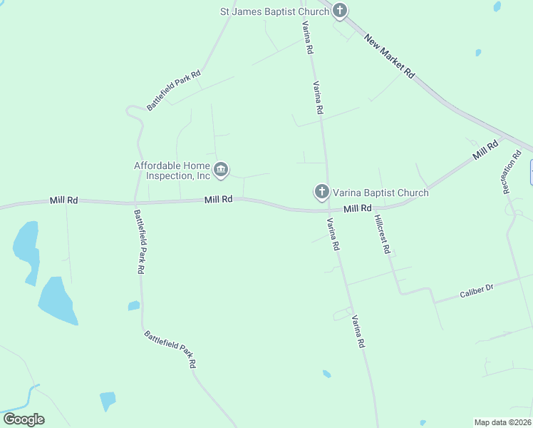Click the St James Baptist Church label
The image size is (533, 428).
click(x=274, y=11)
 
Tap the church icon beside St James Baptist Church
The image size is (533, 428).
click(x=340, y=11)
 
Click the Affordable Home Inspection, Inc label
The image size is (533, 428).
click(x=172, y=170)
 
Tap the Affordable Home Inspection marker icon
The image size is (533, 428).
click(x=221, y=169)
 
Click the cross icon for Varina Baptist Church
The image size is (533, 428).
click(x=321, y=191)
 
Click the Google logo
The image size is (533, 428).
click(x=24, y=419)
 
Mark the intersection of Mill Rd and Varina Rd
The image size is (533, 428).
click(x=327, y=210)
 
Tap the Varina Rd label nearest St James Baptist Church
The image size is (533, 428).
click(x=308, y=38)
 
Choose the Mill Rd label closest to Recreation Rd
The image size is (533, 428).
click(x=485, y=151)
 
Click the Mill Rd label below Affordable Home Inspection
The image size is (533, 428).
click(x=218, y=200)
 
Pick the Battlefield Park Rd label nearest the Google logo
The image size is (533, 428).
click(x=170, y=349)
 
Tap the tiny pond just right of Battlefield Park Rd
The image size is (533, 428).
click(x=133, y=306)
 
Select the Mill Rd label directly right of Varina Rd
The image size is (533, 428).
click(x=358, y=208)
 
